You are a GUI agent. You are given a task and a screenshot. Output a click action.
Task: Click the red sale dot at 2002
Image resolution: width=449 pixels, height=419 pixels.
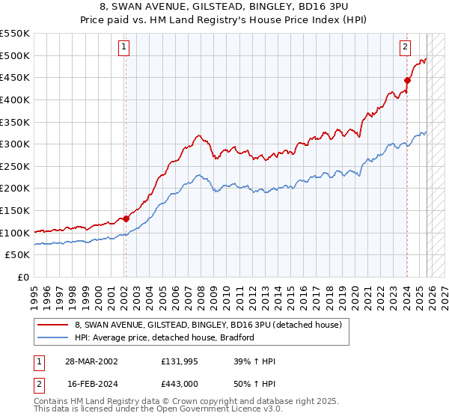coord(126,218)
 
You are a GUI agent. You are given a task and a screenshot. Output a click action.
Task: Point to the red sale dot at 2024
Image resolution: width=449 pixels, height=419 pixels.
coord(407,81)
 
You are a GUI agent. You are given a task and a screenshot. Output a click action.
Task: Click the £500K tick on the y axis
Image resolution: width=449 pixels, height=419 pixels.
coord(16,55)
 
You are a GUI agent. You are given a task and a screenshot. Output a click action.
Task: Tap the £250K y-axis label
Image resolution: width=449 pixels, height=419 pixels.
coord(16,166)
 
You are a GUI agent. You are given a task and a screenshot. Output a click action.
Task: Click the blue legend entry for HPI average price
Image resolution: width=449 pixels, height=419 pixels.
coord(165,337)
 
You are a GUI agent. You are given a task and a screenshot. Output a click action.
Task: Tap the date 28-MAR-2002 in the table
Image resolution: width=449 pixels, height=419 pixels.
coord(91,361)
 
